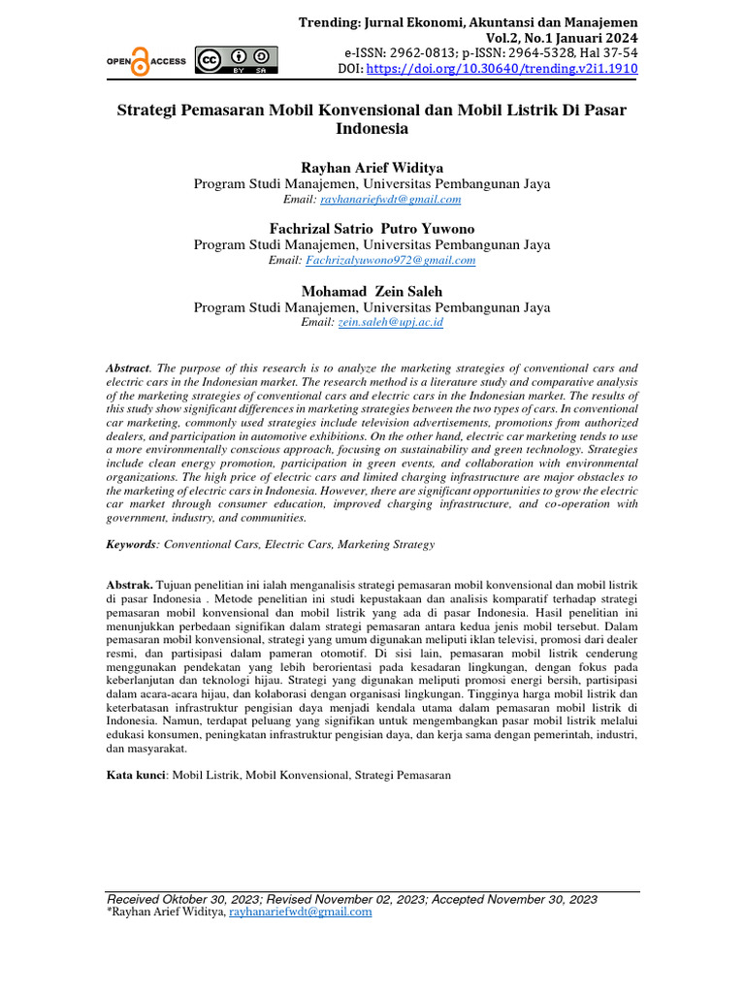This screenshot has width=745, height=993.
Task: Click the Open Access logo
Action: tap(146, 61)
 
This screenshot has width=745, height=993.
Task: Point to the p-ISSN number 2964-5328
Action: tap(531, 53)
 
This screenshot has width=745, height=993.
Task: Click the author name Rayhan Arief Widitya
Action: tap(372, 168)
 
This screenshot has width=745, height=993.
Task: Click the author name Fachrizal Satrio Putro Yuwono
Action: tap(372, 228)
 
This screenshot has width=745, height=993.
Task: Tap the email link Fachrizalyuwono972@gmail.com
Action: tap(390, 260)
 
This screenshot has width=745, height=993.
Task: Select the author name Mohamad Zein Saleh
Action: tap(372, 290)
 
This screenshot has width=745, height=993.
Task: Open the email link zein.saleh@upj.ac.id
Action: tap(390, 322)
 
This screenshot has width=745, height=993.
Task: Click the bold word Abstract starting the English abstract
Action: tap(128, 368)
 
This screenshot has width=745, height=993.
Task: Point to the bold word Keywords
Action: tap(131, 545)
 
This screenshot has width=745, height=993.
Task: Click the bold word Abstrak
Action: tap(129, 585)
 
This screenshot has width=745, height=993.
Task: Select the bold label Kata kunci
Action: tap(136, 775)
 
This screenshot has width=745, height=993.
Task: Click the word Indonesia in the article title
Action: tap(372, 128)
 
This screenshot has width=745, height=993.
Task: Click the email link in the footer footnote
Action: tap(300, 912)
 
